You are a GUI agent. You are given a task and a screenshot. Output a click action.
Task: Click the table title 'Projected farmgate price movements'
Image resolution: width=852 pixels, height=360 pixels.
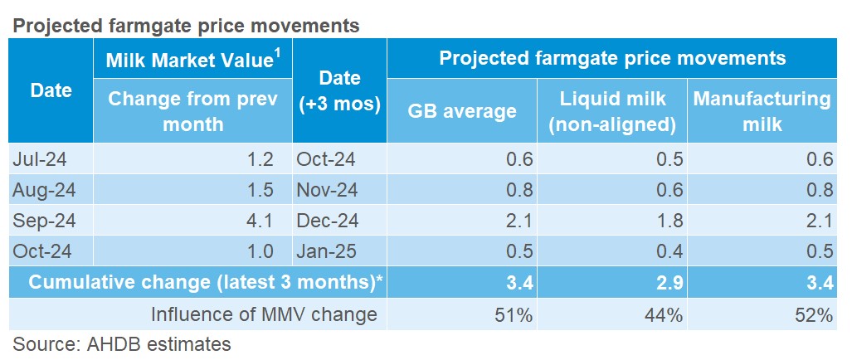pos(185,26)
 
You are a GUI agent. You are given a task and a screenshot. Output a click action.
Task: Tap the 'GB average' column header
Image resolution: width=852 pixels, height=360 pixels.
pos(462,111)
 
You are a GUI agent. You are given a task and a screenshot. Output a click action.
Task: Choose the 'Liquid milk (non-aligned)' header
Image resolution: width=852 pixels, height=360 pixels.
pos(613,111)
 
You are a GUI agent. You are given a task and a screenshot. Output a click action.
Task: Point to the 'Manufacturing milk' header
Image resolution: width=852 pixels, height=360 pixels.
pos(762,111)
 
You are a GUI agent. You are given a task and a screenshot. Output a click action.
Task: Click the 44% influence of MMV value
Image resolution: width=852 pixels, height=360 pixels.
pos(665,314)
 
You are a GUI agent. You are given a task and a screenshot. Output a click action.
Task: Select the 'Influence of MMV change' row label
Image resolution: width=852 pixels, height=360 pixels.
pos(264,314)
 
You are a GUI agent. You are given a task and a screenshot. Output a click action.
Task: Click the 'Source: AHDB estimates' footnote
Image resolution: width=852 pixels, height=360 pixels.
pos(121,343)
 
